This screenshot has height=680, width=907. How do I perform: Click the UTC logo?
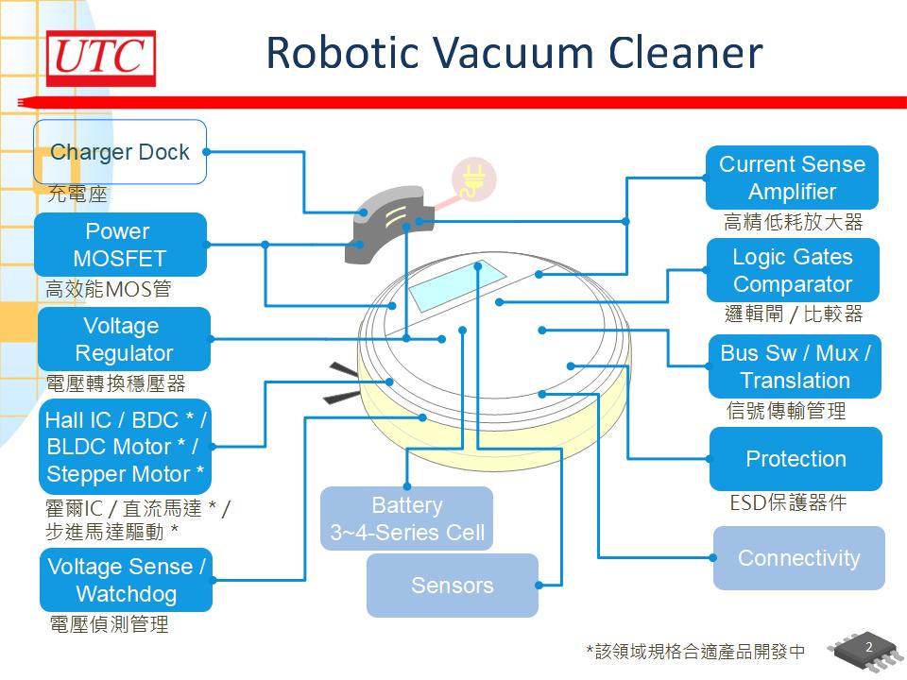(x=101, y=59)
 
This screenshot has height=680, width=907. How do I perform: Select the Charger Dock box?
(x=120, y=152)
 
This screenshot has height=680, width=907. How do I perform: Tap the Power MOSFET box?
(x=120, y=245)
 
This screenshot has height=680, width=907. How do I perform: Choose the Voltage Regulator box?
(x=124, y=339)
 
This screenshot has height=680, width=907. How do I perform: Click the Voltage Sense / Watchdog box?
(x=126, y=580)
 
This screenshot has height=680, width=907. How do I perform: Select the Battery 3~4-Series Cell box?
(x=406, y=518)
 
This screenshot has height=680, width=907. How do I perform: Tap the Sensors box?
(x=452, y=586)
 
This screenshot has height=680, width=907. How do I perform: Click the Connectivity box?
(x=798, y=558)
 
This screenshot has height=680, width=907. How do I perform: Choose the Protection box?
(x=796, y=459)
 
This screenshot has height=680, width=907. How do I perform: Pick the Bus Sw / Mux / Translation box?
(x=795, y=366)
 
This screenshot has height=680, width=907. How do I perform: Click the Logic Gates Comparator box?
(x=793, y=270)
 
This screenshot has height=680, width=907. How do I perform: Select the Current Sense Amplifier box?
(x=792, y=178)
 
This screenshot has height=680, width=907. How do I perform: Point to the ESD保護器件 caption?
(x=788, y=503)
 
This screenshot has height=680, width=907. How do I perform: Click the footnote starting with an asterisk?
(x=695, y=652)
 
